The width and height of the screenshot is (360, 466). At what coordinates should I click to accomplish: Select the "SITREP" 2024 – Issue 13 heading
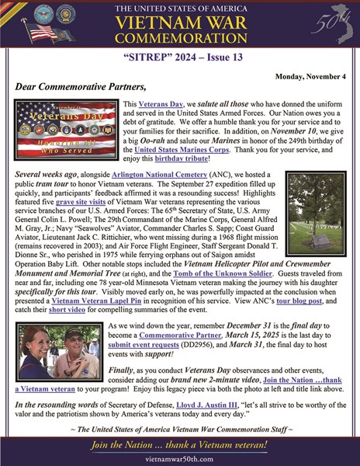click(x=180, y=57)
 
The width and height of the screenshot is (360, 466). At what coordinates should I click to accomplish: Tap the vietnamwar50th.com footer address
click(x=180, y=457)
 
